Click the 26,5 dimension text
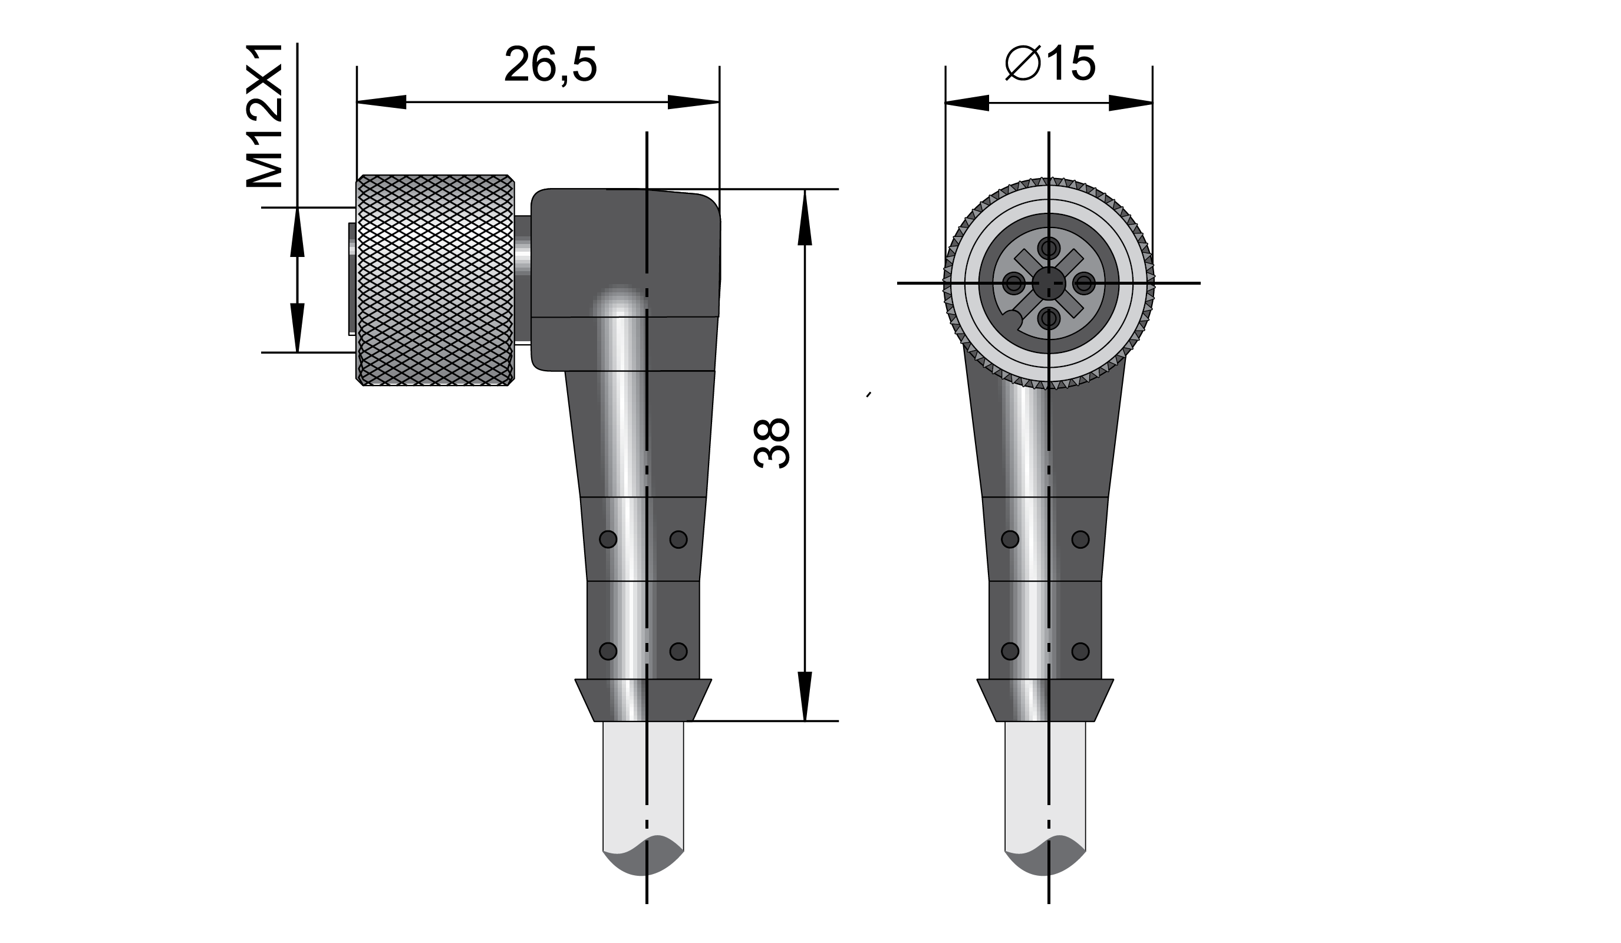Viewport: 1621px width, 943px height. [x=551, y=64]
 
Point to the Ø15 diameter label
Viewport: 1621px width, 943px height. [x=1050, y=64]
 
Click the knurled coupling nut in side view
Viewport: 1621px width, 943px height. [x=436, y=280]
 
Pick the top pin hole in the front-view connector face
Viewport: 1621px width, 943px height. [x=1049, y=247]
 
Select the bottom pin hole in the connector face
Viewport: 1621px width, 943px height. [x=1049, y=318]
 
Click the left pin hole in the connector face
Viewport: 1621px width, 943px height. [x=1014, y=282]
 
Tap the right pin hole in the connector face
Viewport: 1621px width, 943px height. [x=1085, y=282]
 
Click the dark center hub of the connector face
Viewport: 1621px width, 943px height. [x=1049, y=282]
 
